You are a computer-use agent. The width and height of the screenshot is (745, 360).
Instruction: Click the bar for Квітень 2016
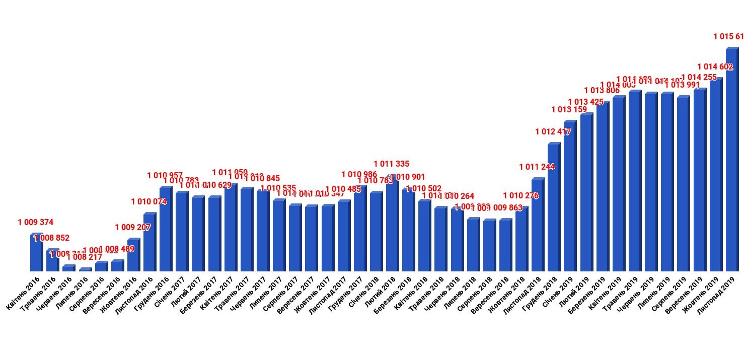[x=36, y=253]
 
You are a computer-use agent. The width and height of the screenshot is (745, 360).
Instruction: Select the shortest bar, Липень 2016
[x=85, y=270]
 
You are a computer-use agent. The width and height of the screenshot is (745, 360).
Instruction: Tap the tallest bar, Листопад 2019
[x=731, y=160]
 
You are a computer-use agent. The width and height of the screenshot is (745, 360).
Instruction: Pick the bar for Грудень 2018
[x=553, y=208]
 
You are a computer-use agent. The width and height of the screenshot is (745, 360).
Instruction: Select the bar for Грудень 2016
[x=166, y=230]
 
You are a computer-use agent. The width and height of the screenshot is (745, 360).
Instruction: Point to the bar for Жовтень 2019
[x=715, y=175]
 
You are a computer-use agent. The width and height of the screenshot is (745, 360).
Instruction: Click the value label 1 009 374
[x=36, y=222]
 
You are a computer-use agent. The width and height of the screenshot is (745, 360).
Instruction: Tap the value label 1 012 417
[x=553, y=132]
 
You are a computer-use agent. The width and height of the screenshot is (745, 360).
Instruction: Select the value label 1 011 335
[x=392, y=164]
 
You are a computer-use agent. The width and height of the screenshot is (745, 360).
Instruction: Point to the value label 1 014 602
[x=715, y=66]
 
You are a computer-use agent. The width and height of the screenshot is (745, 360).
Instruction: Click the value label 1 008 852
[x=52, y=238]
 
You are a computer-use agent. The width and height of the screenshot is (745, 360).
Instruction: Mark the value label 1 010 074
[x=148, y=202]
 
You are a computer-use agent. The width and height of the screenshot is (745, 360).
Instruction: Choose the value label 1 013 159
[x=569, y=109]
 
